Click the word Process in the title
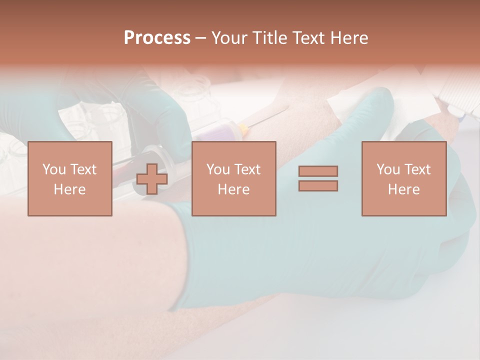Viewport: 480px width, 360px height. coord(157,38)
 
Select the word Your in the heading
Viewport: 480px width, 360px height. coord(228,38)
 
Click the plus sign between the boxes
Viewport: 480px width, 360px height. coord(152,179)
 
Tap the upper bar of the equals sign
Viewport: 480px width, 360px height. coord(318,171)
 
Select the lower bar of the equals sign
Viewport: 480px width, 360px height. coord(318,185)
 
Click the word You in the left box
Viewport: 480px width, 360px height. coord(54,169)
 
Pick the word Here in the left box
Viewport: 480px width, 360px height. coord(69,189)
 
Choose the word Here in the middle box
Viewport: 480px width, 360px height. coord(233,189)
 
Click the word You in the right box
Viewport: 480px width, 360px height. coord(388,169)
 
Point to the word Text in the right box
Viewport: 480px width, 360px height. coord(417,169)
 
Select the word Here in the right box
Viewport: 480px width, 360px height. coord(403,189)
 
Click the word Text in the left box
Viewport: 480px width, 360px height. coord(83,169)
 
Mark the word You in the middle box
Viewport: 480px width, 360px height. coord(218,169)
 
